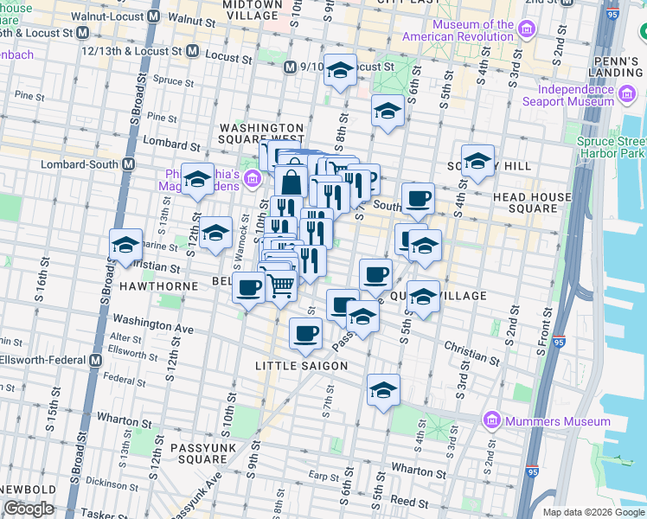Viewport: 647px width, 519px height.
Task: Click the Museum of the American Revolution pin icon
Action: click(527, 31)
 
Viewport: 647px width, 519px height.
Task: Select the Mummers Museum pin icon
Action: click(491, 421)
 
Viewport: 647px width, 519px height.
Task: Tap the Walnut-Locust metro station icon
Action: click(154, 16)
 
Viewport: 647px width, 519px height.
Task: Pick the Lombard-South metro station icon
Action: click(128, 163)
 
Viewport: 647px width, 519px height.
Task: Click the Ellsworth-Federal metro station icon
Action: click(94, 360)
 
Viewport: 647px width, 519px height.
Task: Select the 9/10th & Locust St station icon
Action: click(291, 67)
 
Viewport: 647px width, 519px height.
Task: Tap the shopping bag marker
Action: click(291, 181)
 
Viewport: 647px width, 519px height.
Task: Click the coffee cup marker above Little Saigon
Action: click(304, 333)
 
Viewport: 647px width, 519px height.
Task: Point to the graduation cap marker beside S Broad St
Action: click(125, 245)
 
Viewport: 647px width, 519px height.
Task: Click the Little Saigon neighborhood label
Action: click(301, 366)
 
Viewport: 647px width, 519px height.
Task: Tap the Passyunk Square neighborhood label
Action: click(198, 453)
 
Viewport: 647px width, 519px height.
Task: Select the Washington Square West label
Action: click(261, 133)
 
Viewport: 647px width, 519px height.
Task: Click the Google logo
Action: click(29, 509)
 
